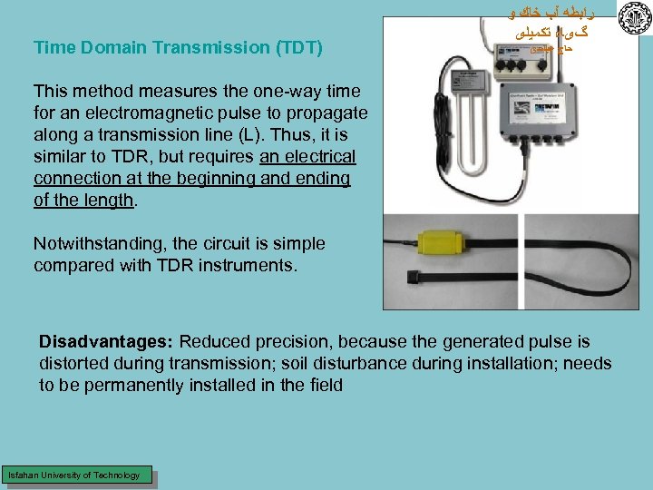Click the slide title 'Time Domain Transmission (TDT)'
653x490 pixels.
tap(178, 47)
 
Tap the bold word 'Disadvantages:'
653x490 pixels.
tap(106, 342)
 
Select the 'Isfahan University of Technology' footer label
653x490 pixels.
tap(74, 475)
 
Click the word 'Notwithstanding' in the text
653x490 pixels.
tap(99, 244)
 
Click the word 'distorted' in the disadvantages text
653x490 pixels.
tap(74, 364)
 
